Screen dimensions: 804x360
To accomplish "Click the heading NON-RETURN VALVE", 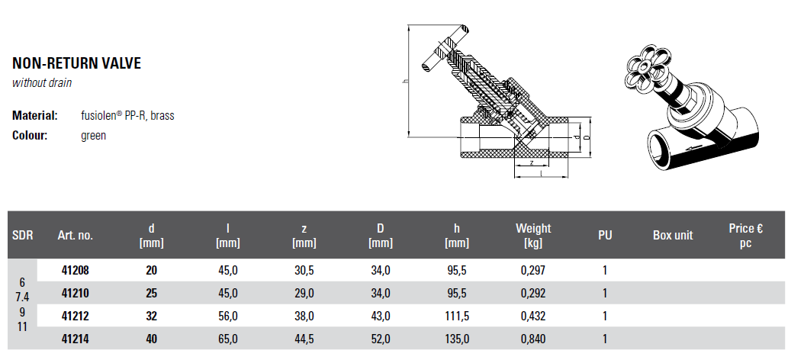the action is pos(76,63).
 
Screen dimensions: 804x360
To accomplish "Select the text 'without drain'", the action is pos(42,82).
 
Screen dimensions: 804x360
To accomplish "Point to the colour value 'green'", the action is pos(93,136).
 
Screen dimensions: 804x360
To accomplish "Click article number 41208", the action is pos(75,270).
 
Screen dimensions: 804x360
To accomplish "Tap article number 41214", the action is pos(75,339).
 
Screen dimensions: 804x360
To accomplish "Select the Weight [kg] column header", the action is pos(533,236).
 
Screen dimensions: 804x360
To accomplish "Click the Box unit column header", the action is pos(673,236).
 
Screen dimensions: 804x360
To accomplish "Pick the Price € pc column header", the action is pos(745,236).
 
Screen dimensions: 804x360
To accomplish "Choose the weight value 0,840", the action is pos(533,339).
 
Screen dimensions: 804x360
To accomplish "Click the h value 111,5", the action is pos(457,317).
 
